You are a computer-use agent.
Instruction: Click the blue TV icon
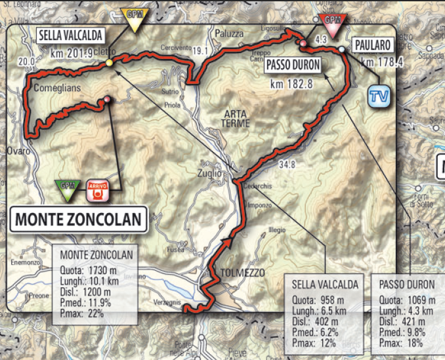coord(376,95)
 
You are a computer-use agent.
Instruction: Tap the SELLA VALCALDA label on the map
coord(65,36)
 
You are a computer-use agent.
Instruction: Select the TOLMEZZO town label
coord(228,271)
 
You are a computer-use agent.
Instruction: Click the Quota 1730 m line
coord(86,268)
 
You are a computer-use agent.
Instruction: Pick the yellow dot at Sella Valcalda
coord(109,63)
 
